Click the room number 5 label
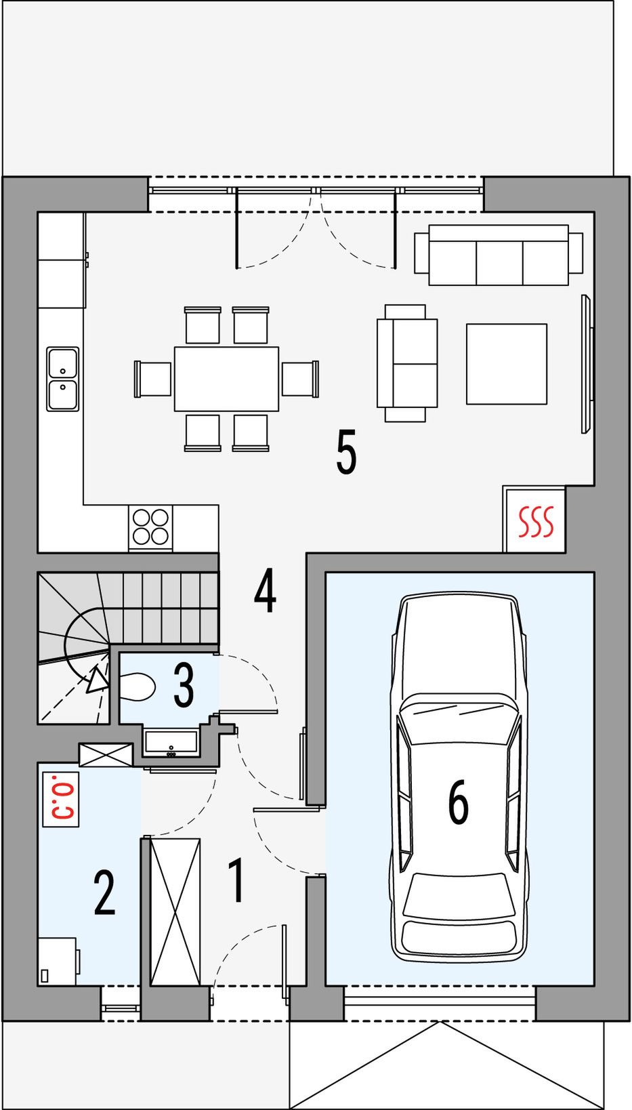(x=346, y=452)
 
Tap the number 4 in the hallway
(x=265, y=592)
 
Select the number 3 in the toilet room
(x=184, y=685)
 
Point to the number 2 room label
(x=104, y=892)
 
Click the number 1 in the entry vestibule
(x=236, y=880)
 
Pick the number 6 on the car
(x=458, y=801)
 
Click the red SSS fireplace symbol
(x=535, y=522)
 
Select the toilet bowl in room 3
(x=138, y=686)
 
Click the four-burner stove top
(x=150, y=527)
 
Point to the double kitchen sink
(x=63, y=379)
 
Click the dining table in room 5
(x=226, y=379)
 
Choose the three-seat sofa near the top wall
(x=499, y=255)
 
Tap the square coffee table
(x=506, y=364)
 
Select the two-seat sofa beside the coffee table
(x=406, y=363)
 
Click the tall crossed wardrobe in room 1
(x=175, y=912)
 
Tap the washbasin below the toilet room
(x=171, y=742)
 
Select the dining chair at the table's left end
(x=152, y=379)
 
